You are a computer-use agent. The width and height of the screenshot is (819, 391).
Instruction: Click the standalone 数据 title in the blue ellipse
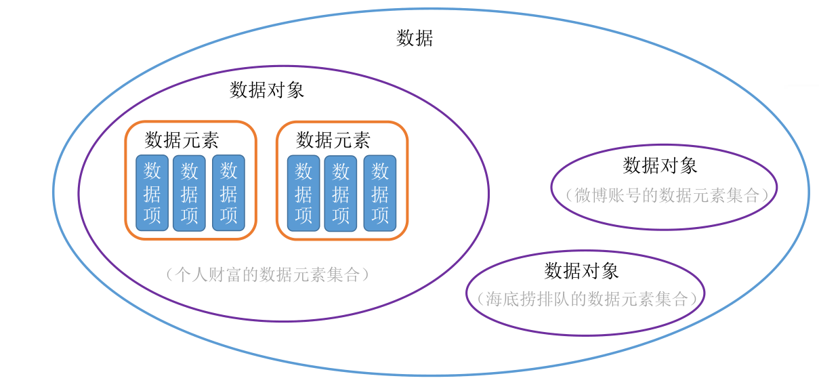[415, 38]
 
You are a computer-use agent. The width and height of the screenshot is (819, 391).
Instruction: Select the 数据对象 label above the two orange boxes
[267, 90]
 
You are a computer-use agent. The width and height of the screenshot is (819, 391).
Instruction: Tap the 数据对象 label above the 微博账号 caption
[660, 165]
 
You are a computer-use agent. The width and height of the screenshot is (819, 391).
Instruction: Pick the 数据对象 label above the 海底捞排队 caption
[581, 271]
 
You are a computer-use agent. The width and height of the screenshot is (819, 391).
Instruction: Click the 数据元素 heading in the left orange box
[182, 140]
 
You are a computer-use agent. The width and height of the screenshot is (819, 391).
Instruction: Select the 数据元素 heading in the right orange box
[333, 140]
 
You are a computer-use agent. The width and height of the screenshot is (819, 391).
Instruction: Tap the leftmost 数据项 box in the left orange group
[152, 193]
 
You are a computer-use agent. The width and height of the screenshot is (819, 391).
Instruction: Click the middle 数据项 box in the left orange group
[189, 193]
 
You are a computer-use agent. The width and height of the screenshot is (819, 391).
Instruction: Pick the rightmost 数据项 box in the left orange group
[228, 193]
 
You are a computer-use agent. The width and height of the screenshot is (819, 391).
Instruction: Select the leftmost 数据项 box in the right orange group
[303, 193]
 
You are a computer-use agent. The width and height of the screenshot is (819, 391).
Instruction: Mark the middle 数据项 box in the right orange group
[341, 193]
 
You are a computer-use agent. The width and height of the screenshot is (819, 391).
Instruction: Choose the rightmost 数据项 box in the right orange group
[380, 193]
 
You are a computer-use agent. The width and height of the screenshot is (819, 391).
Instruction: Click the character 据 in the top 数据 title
[424, 38]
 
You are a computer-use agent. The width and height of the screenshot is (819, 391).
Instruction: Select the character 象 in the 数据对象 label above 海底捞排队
[610, 271]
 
